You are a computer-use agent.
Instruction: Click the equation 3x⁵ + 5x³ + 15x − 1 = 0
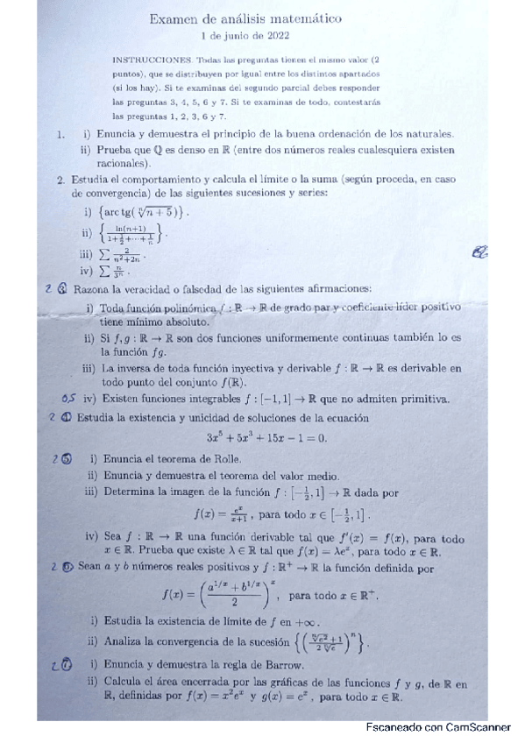(266, 438)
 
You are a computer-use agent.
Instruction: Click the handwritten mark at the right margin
(479, 252)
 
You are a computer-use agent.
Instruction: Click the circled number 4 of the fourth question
(67, 418)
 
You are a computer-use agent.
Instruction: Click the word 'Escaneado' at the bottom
(392, 727)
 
